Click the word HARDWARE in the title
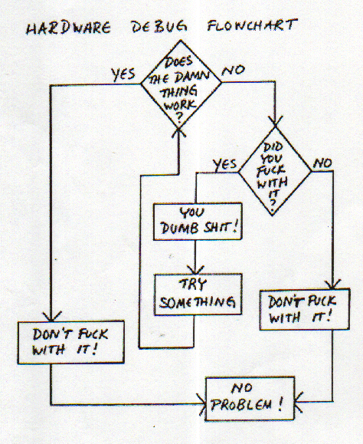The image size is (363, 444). point(69,28)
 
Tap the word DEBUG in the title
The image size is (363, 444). point(159,26)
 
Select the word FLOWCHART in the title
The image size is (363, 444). point(252,25)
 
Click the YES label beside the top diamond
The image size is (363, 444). point(123,74)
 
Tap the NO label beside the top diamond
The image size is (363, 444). point(233,71)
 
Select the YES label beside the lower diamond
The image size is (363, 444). point(225,165)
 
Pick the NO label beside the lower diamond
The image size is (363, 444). point(322,163)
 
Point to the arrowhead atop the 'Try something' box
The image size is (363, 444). point(195,270)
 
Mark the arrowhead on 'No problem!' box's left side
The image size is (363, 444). point(202,404)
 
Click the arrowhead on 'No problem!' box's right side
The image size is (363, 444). point(299,402)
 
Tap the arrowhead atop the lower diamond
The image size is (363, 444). point(275,122)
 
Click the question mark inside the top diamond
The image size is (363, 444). point(179,117)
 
